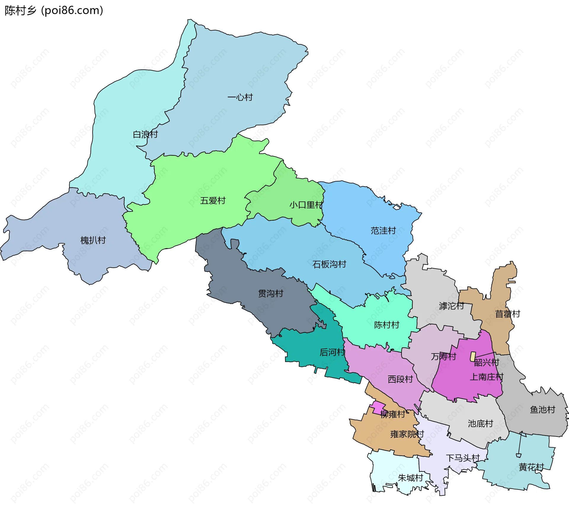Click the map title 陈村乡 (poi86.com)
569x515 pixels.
(54, 11)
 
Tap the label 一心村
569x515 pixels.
(240, 97)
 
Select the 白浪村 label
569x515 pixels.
(145, 134)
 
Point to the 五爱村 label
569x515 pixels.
(212, 201)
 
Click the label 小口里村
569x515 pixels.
(306, 205)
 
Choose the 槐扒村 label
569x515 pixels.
(93, 240)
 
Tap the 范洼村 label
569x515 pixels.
(383, 231)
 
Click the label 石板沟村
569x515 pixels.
(329, 264)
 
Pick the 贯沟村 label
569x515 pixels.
(271, 293)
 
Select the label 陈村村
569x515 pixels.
(387, 325)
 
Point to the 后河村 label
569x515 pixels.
(332, 352)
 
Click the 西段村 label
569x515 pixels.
(400, 379)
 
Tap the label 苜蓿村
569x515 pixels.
(508, 314)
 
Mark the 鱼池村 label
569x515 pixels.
(542, 410)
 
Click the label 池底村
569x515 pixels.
(480, 423)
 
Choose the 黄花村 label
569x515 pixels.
(531, 467)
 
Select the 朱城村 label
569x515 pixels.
(410, 478)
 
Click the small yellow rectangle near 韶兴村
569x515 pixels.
(473, 357)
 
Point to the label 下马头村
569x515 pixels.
(463, 458)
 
